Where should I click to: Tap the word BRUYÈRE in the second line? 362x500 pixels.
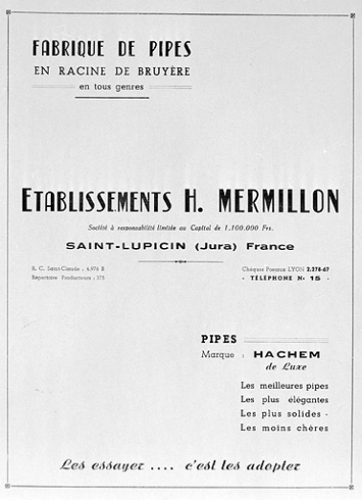pyautogui.click(x=163, y=70)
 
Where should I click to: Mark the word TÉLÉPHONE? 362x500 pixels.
pyautogui.click(x=278, y=279)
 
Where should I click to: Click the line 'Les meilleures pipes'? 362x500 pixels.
pyautogui.click(x=284, y=385)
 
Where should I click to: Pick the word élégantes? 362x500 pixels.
pyautogui.click(x=299, y=398)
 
